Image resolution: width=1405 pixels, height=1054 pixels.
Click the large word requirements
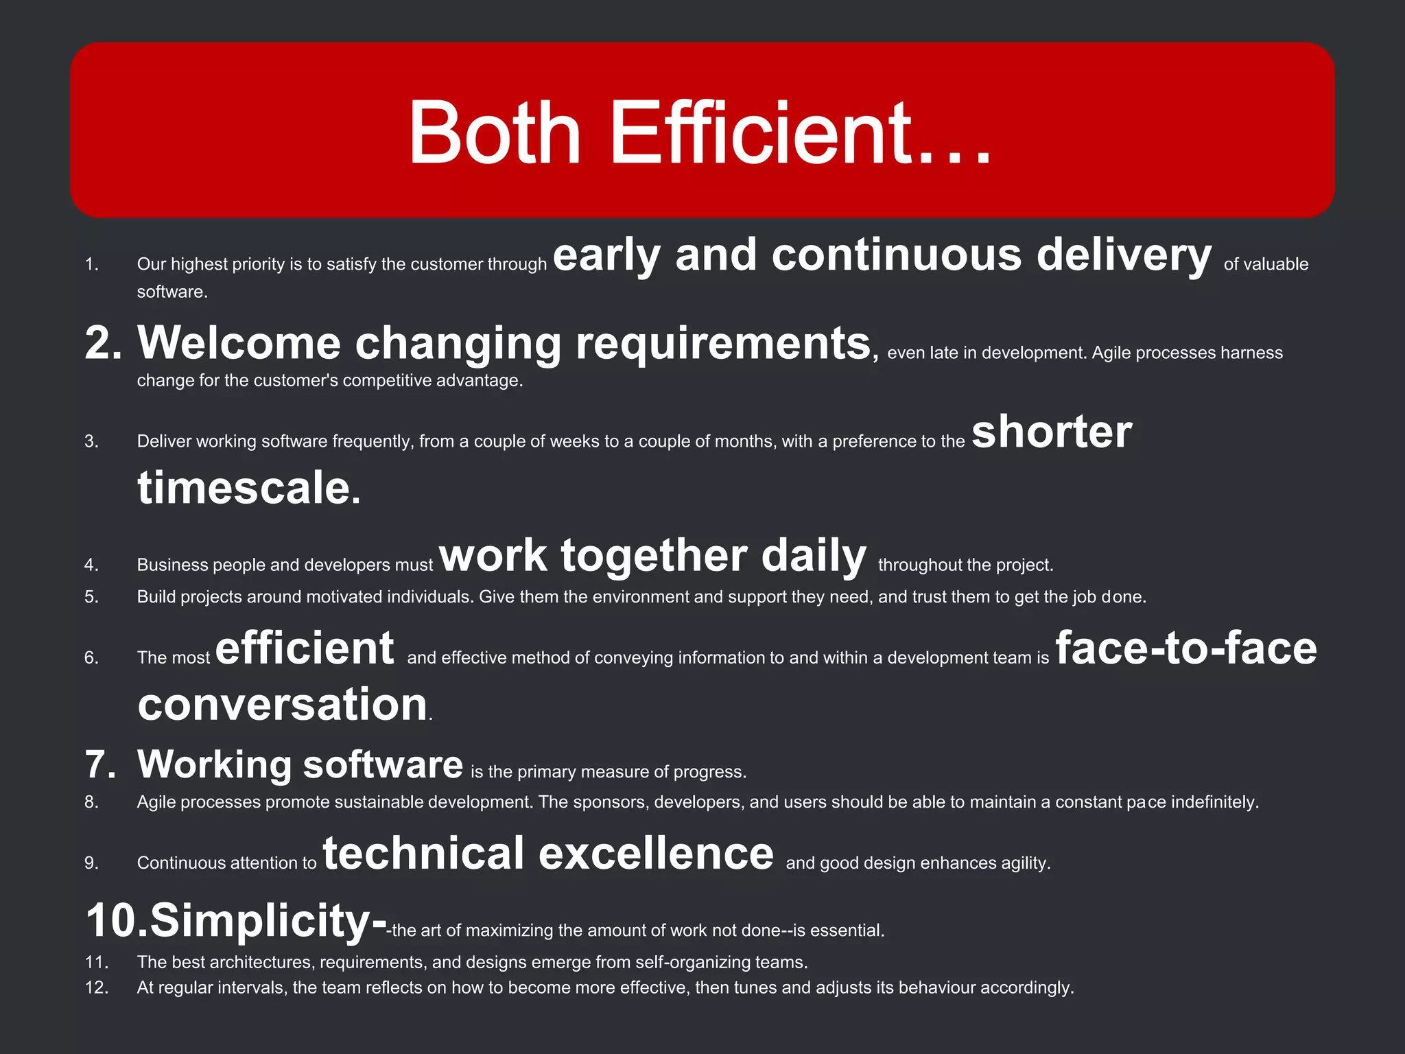(x=723, y=344)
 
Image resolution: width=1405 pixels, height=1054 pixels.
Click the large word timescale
(x=248, y=488)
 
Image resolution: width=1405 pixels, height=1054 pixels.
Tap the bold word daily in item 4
(x=814, y=555)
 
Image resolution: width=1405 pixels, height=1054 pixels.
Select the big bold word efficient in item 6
(x=305, y=648)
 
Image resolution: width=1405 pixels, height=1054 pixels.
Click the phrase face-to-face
(x=1185, y=648)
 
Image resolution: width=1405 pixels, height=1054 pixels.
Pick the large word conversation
(x=283, y=705)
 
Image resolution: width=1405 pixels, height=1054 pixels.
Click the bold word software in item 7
(x=383, y=764)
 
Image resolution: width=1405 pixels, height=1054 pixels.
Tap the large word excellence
(x=656, y=854)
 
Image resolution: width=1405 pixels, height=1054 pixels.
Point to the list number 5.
(x=91, y=597)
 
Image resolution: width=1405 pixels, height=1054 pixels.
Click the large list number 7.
(x=100, y=764)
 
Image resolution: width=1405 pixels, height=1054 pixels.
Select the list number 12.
(x=97, y=987)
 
